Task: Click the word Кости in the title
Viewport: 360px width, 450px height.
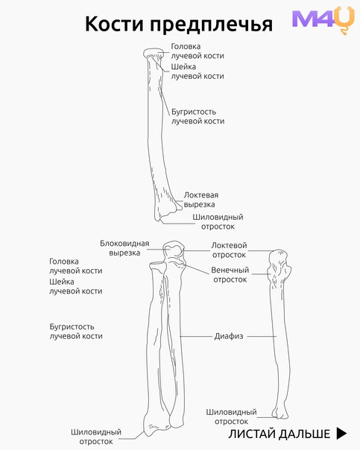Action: click(114, 24)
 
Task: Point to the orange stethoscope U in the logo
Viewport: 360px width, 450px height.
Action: click(346, 20)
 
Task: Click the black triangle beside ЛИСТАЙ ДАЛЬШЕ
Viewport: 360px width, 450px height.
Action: click(341, 434)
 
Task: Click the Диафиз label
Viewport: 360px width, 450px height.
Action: click(229, 336)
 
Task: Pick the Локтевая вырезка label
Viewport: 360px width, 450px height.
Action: click(201, 200)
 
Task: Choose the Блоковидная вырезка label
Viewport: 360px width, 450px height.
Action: click(124, 248)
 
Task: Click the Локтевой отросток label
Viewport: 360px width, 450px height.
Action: click(229, 250)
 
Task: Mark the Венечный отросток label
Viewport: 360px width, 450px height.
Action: click(230, 275)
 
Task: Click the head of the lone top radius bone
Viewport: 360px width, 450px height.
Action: click(154, 53)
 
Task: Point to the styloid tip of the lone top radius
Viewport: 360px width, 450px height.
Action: click(158, 220)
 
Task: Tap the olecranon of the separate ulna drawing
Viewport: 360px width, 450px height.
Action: click(278, 257)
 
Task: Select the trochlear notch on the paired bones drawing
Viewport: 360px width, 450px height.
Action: click(174, 249)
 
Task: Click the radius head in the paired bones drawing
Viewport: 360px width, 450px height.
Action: click(158, 266)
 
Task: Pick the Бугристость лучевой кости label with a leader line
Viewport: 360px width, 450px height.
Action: click(198, 116)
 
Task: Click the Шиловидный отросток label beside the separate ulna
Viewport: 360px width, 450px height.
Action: click(231, 416)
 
